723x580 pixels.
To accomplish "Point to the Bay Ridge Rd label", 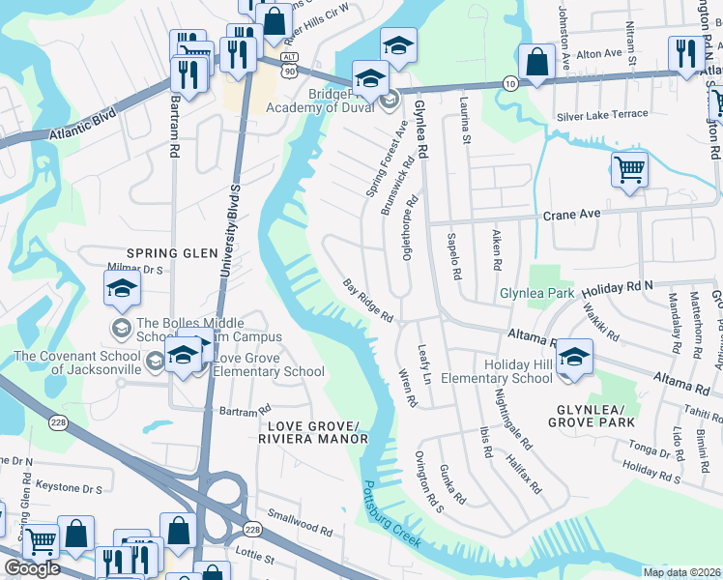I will click(x=368, y=301).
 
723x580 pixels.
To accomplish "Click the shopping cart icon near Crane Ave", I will click(x=629, y=170).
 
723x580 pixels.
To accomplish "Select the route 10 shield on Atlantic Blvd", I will click(x=509, y=84).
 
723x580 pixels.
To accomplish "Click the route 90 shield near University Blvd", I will click(x=288, y=71).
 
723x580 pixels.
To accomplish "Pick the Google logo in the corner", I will click(x=32, y=568).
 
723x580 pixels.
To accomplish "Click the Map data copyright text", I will click(x=682, y=572).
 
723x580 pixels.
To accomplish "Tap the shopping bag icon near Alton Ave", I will click(x=535, y=63).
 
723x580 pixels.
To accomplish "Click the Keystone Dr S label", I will click(x=64, y=489).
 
